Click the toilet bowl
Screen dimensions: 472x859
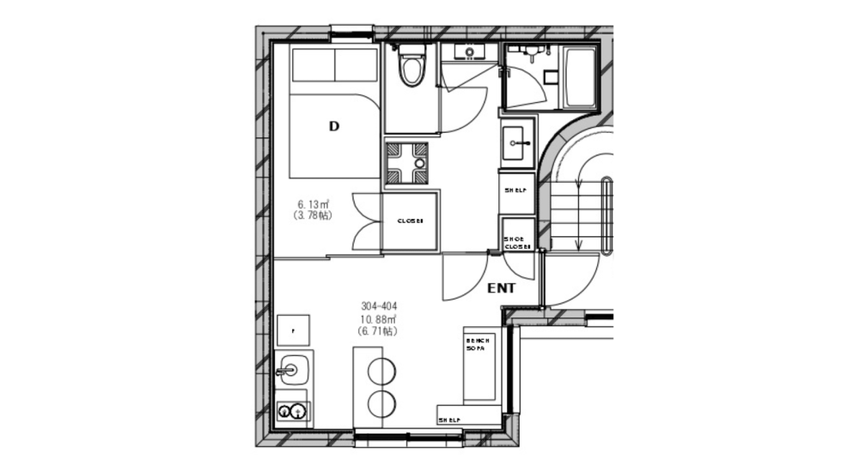[x=412, y=70]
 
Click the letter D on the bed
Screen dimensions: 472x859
[x=334, y=126]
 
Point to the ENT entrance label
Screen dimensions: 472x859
[x=501, y=288]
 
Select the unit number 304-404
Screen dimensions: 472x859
[x=378, y=306]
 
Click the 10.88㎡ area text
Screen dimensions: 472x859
[x=378, y=318]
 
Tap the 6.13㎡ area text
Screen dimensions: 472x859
[x=314, y=204]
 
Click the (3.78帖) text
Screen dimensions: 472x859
[x=314, y=215]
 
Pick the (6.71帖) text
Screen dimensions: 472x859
[x=378, y=330]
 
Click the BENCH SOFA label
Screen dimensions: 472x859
[x=478, y=345]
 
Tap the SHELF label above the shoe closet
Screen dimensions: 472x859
[x=515, y=191]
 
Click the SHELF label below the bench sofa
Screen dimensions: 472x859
[x=449, y=420]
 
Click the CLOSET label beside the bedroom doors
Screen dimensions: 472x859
[x=410, y=221]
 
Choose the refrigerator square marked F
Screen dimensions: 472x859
[x=294, y=330]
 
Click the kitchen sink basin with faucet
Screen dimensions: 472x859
[x=292, y=371]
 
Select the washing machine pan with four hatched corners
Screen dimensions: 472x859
[x=407, y=162]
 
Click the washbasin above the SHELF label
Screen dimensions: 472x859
[x=516, y=141]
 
